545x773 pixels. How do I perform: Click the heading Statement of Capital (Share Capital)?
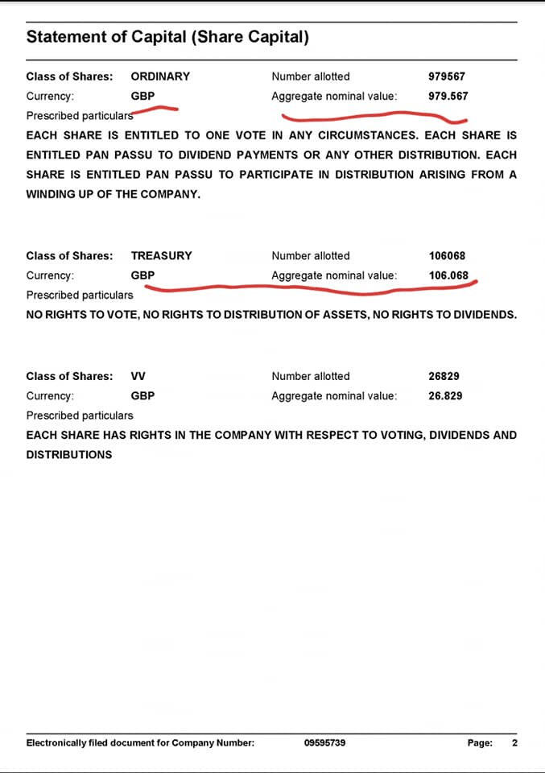tap(167, 37)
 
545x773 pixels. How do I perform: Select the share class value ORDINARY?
tap(160, 76)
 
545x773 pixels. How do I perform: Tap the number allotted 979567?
tap(447, 76)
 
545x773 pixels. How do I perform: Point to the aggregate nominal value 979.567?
tap(448, 96)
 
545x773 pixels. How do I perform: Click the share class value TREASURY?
tap(161, 256)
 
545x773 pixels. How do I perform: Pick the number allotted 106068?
tap(447, 256)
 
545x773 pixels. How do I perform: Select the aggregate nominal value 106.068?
tap(448, 275)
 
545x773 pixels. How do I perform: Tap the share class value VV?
tap(138, 376)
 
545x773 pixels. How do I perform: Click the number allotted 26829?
tap(444, 376)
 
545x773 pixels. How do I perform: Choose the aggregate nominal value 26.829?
tap(445, 395)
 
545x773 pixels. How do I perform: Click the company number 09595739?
tap(325, 742)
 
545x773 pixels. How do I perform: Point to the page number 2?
tap(514, 742)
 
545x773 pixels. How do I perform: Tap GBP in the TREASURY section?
tap(142, 275)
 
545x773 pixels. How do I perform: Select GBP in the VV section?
tap(142, 395)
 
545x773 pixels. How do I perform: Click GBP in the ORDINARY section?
tap(142, 96)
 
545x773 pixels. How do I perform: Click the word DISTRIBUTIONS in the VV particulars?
tap(69, 454)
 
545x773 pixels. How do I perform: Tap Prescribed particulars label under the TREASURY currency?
tap(80, 295)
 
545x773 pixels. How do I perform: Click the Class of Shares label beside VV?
tap(69, 376)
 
